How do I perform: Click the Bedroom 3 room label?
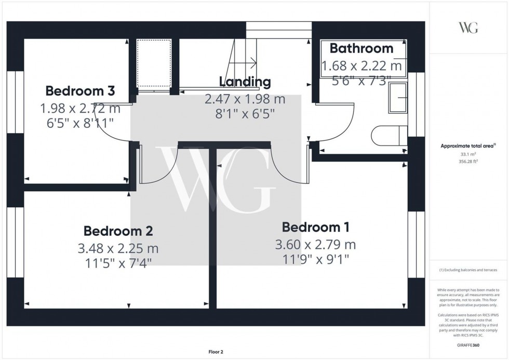point(80,91)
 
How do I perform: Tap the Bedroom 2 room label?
point(118,231)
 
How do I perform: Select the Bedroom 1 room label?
point(315,227)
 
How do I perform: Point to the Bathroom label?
point(361,49)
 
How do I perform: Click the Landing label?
point(245,82)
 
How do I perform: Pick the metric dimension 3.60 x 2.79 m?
point(315,245)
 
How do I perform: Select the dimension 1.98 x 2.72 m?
point(80,109)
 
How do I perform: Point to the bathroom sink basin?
point(397,98)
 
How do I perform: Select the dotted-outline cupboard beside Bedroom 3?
point(154,63)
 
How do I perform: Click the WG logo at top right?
point(468,28)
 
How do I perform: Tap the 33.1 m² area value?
point(468,154)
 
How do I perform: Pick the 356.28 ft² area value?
point(468,161)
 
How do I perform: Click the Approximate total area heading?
point(468,146)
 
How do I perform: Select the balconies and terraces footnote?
point(468,270)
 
